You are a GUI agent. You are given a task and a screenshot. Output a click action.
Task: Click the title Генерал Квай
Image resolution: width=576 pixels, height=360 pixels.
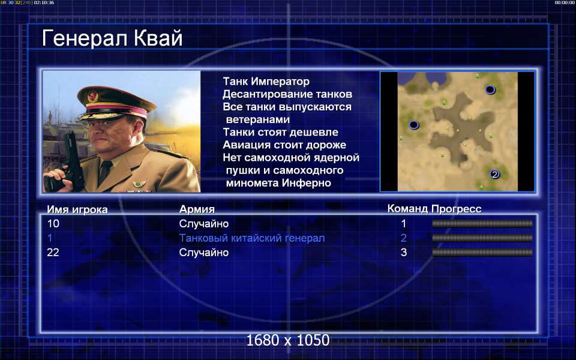[x=112, y=38]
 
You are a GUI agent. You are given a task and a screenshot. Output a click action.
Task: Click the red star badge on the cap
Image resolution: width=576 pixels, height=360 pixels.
[x=92, y=97]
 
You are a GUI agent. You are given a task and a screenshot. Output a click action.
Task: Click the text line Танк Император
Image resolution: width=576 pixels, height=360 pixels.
[x=266, y=81]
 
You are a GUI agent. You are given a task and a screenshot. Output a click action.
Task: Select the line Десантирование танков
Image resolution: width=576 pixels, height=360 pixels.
[x=287, y=94]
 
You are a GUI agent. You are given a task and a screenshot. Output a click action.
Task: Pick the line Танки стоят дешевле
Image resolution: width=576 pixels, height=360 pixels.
[x=280, y=132]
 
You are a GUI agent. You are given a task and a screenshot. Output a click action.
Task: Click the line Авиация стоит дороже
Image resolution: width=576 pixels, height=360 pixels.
[x=284, y=145]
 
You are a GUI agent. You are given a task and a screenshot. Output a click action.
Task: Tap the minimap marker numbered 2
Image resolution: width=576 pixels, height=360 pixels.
[x=494, y=174]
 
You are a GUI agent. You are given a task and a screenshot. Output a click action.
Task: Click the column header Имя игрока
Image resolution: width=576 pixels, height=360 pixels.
[x=77, y=209]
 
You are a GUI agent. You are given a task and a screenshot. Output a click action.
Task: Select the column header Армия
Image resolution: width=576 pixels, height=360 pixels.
[x=197, y=209]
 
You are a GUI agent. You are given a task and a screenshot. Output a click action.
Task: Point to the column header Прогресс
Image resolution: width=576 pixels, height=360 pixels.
[x=456, y=209]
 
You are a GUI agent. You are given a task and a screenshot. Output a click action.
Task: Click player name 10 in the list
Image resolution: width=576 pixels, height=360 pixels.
[x=53, y=223]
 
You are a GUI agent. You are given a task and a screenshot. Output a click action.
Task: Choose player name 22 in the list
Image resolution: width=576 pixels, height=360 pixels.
[x=53, y=253]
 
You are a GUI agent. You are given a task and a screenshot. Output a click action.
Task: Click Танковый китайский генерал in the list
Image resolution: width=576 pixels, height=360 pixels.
[x=251, y=238]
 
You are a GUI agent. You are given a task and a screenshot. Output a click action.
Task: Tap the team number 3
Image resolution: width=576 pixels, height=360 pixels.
[x=404, y=253]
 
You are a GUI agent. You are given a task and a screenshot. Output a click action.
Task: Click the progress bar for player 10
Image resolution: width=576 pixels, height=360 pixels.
[x=482, y=223]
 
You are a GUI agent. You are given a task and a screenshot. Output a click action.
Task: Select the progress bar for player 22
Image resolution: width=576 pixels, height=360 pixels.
[x=482, y=253]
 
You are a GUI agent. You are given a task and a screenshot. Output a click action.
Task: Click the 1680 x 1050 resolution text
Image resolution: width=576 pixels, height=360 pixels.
[x=287, y=340]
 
